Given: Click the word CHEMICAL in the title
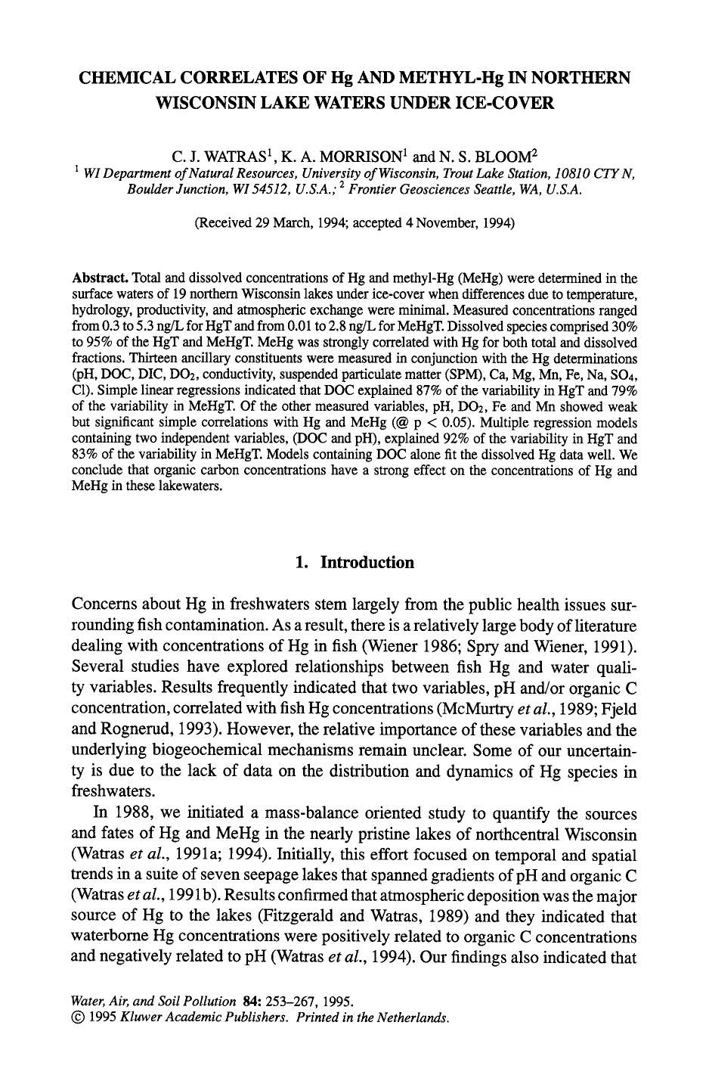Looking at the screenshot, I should (x=129, y=78).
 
